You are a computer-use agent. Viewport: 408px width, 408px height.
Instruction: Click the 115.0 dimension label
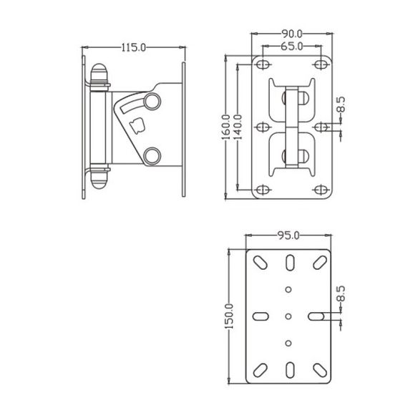[134, 48]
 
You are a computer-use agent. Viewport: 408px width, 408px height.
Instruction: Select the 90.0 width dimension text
[292, 34]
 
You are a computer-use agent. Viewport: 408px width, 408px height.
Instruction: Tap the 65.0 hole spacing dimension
[292, 47]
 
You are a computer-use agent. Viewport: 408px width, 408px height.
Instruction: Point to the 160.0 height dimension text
[226, 127]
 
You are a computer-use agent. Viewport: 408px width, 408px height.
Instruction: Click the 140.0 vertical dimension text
[238, 127]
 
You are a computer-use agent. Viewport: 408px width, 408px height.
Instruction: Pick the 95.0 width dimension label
[288, 235]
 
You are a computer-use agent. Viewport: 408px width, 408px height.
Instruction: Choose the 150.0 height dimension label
[229, 316]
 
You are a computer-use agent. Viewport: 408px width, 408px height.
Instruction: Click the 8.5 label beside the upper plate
[341, 105]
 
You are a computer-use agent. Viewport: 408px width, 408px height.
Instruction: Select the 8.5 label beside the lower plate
[341, 293]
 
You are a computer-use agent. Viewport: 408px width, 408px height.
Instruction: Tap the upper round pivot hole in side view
[152, 101]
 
